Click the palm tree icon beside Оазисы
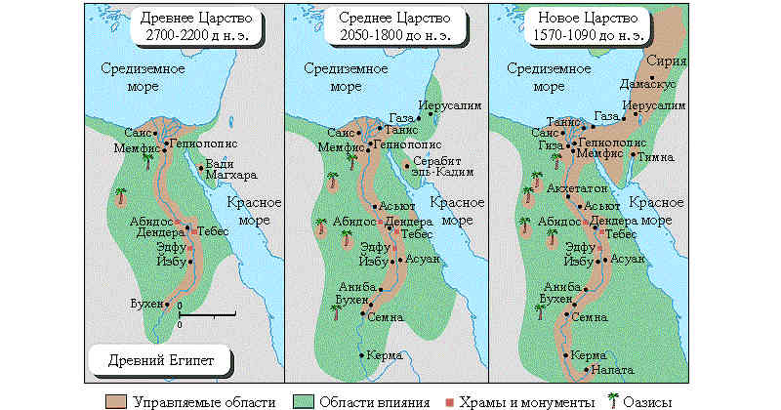(614, 399)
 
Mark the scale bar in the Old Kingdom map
(206, 315)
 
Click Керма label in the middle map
(387, 355)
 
